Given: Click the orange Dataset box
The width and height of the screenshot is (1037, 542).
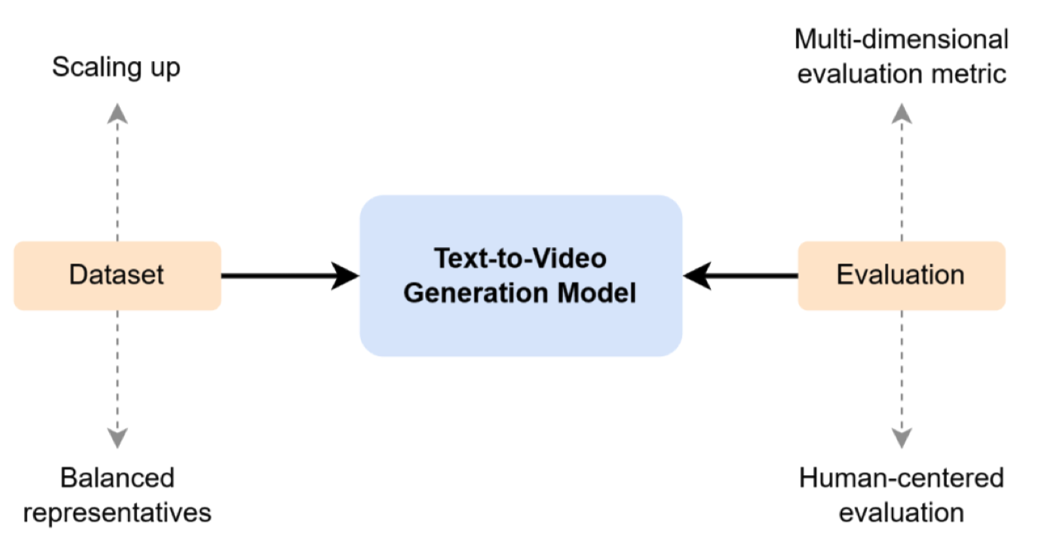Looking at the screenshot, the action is [117, 276].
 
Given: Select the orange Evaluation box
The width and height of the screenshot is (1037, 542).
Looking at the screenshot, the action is [901, 276].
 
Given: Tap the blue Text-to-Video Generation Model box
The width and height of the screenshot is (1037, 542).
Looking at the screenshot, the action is [520, 276].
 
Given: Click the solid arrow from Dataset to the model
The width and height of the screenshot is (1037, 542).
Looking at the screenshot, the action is [289, 276].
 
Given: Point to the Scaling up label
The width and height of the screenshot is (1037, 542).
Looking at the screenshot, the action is [116, 68].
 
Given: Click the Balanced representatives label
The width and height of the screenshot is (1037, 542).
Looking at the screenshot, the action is [117, 495].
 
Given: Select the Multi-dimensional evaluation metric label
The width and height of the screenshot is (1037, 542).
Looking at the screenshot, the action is [901, 56].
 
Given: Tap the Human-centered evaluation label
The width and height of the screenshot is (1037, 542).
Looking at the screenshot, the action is [901, 495].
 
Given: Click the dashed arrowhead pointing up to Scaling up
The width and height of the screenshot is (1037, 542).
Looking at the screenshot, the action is [117, 112].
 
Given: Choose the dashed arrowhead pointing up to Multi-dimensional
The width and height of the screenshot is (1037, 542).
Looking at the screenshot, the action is [901, 113].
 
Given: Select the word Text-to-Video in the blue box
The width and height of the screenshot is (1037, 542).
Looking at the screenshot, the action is [520, 259].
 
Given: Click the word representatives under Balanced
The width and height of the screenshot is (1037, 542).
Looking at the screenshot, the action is [117, 512].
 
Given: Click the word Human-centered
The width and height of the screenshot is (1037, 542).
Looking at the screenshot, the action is [901, 478].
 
